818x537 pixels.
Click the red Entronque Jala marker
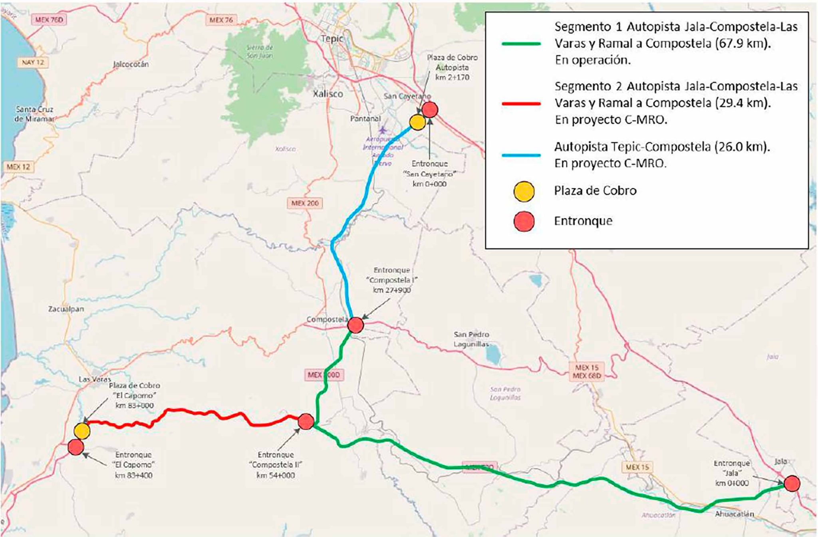[792, 483]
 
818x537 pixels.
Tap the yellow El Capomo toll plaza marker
[82, 431]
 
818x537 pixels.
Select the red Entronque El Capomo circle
[76, 447]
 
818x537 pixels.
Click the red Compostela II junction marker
[306, 422]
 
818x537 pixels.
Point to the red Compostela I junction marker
[355, 325]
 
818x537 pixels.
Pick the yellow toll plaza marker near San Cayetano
[417, 122]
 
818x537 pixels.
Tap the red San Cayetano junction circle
[430, 110]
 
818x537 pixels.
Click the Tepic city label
[332, 39]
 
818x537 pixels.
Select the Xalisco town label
[328, 94]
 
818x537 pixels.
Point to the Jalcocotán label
[131, 64]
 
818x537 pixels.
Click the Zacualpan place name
[66, 309]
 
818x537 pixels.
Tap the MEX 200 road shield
[305, 203]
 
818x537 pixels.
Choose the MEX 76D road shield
[49, 20]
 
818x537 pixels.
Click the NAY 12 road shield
[33, 62]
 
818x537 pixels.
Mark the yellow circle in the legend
[524, 191]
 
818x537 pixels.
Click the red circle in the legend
[524, 221]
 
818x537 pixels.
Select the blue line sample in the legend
[521, 155]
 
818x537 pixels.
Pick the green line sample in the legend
[521, 44]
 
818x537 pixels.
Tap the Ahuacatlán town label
[734, 514]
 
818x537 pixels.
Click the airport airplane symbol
[383, 130]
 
